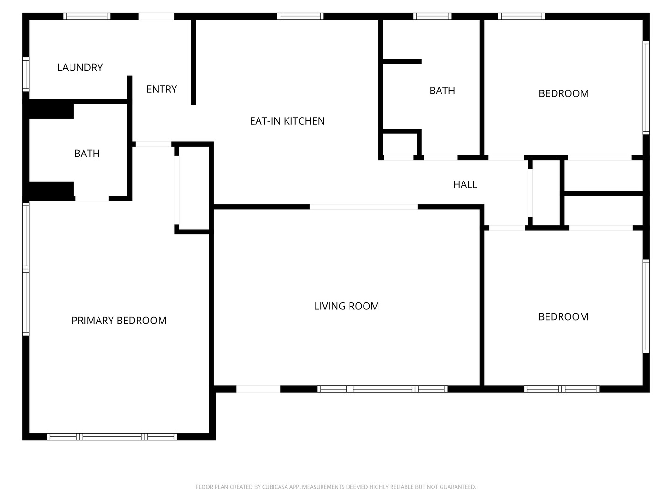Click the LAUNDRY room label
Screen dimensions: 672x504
coord(80,68)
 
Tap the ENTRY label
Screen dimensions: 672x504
coord(161,89)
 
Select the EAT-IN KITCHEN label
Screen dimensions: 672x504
coord(287,121)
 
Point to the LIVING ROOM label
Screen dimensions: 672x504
coord(347,306)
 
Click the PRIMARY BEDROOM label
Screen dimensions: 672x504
coord(119,321)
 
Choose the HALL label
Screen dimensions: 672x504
coord(465,184)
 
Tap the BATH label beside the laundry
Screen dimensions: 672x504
coord(87,154)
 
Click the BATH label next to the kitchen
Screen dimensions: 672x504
coord(442,91)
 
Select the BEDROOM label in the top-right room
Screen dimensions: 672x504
coord(564,93)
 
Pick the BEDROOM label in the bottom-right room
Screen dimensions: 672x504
coord(563,317)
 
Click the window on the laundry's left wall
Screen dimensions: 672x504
coord(26,74)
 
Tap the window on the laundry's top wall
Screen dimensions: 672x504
coord(87,16)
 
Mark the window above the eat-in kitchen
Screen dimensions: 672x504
coord(300,16)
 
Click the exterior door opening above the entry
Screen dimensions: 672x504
coord(156,16)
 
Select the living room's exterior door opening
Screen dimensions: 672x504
coord(259,389)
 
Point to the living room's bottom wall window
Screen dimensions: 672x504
coord(382,389)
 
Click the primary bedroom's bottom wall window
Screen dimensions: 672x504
coord(112,436)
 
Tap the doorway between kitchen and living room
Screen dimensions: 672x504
coord(364,207)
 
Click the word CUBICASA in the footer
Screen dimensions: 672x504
coord(275,487)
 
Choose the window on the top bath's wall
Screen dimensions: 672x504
coord(433,16)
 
